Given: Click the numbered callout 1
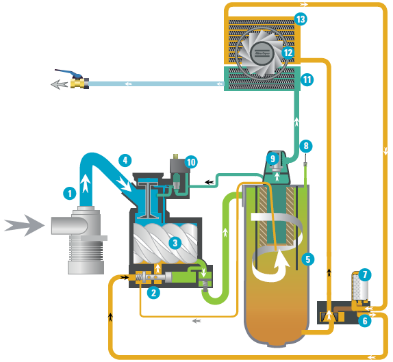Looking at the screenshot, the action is [70, 194].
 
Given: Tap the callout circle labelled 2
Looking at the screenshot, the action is [153, 292].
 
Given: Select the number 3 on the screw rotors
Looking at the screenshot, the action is [175, 242].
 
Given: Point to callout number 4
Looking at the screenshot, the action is [125, 160].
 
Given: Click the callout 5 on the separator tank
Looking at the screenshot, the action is [308, 259].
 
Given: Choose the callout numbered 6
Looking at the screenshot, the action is [365, 320].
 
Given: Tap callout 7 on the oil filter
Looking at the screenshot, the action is [365, 275].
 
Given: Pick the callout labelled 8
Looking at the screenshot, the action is [306, 146].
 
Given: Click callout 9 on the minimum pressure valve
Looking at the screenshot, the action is [272, 159].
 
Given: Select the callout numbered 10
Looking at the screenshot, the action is [191, 162].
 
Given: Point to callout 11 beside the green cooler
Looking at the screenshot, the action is [307, 79].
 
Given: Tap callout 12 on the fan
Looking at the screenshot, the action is [288, 53].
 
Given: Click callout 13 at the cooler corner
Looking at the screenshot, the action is [301, 19].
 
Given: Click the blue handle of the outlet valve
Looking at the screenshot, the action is [70, 73].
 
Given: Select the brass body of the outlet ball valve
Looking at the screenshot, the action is [77, 83].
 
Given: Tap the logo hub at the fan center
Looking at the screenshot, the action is [262, 53].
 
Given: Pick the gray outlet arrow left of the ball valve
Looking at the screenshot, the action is [59, 84].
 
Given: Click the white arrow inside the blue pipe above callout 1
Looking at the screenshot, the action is [86, 183].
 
